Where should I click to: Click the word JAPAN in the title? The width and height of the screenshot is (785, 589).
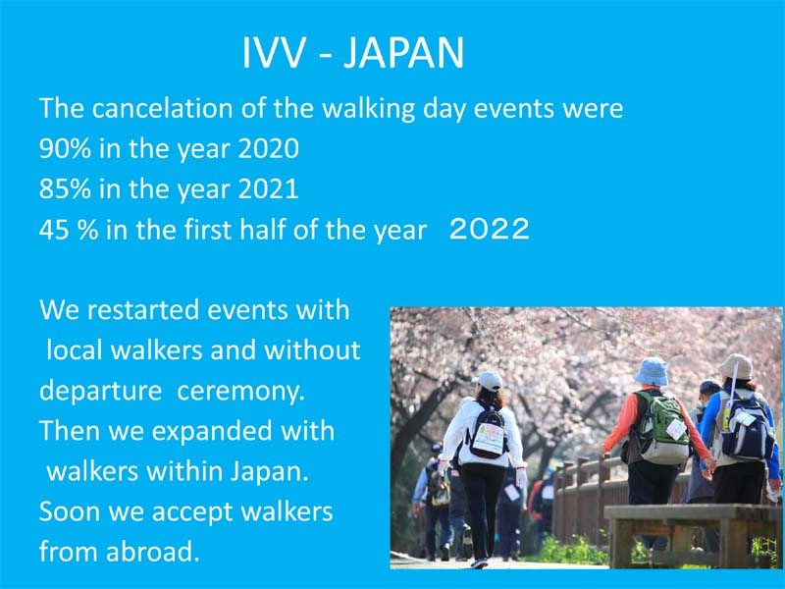(403, 52)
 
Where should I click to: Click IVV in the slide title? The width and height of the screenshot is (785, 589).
(273, 52)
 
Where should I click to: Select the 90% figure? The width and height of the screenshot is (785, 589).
(65, 149)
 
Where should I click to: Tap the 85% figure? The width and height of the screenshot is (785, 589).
(65, 189)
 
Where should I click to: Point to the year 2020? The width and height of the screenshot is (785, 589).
(268, 149)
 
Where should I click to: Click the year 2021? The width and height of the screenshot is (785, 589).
(268, 189)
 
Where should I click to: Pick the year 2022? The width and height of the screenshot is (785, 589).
(489, 229)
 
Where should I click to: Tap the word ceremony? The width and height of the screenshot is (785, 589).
(240, 392)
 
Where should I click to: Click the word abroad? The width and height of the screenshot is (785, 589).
(153, 552)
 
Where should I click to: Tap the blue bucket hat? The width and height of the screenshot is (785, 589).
(652, 371)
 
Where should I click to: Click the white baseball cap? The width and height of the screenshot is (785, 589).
(487, 381)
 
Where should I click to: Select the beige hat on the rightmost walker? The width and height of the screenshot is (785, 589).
(736, 366)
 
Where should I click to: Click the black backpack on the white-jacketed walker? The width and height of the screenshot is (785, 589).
(487, 432)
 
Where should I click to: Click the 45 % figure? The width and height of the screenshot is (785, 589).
(69, 231)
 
